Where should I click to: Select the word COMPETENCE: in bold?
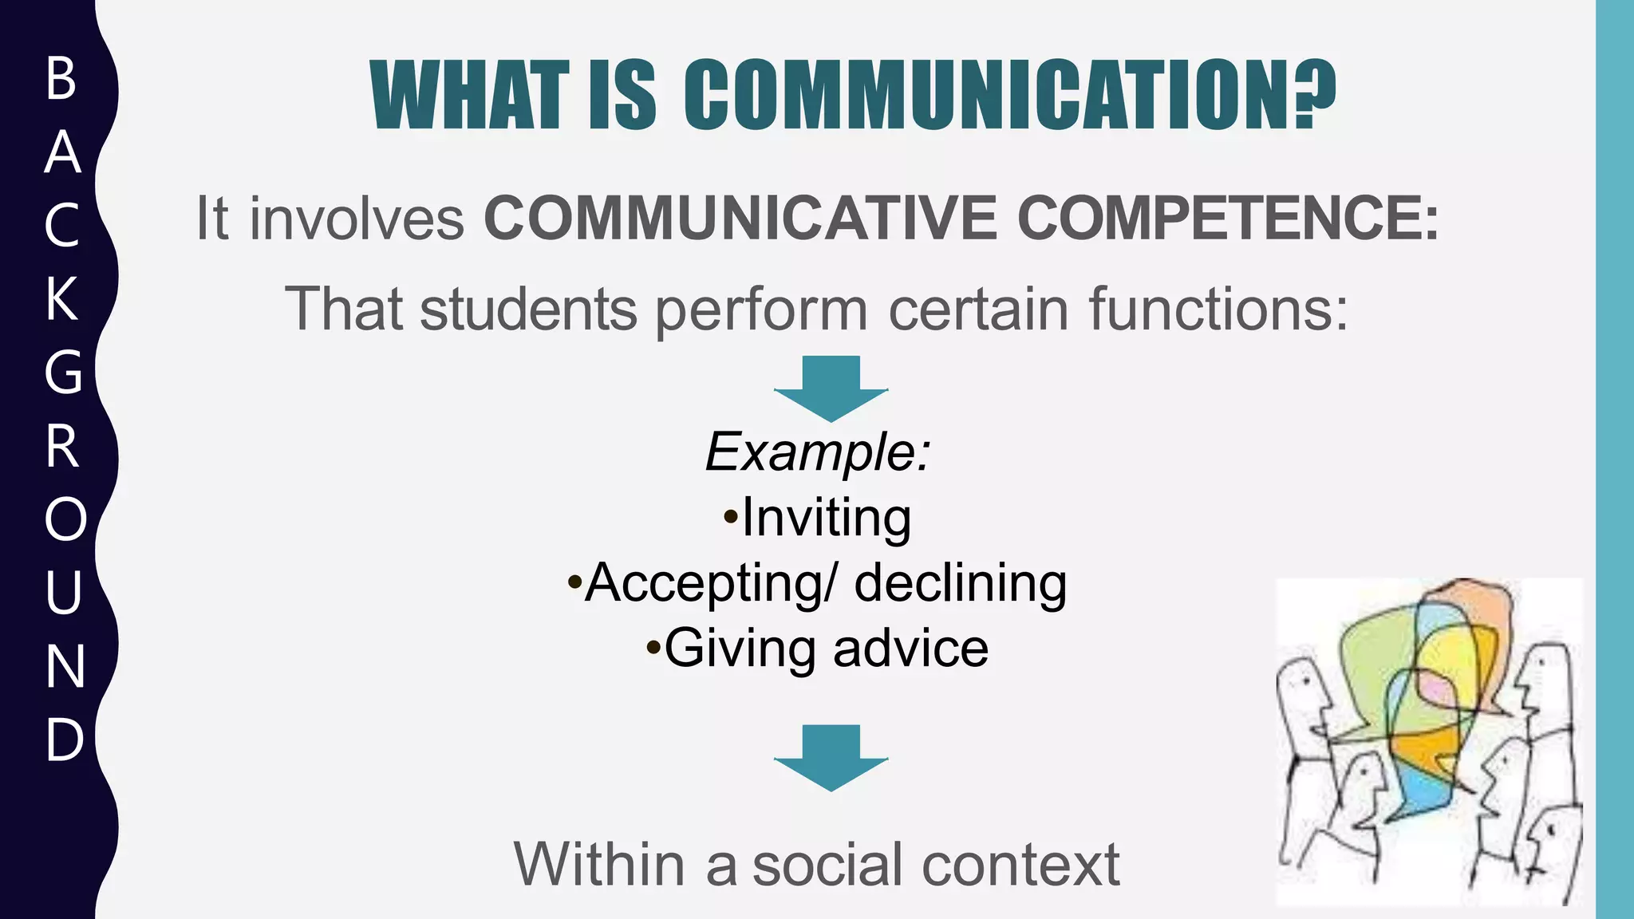click(1228, 218)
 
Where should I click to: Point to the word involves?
click(357, 218)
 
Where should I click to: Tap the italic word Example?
click(818, 452)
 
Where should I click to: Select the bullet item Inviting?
click(818, 519)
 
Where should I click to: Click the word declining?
click(961, 583)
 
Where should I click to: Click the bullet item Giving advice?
click(818, 648)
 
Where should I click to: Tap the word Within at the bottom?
click(599, 864)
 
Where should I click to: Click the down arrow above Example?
click(831, 389)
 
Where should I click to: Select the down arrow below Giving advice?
click(831, 758)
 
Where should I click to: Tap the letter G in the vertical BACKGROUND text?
click(63, 372)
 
